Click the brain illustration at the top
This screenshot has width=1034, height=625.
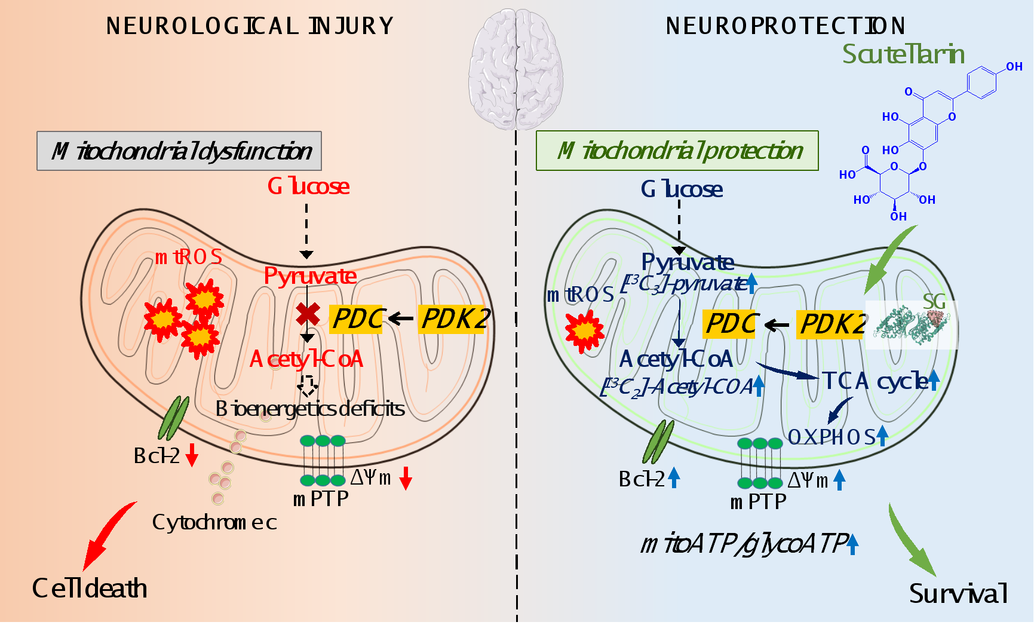click(x=516, y=69)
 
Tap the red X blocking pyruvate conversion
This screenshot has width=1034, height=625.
click(x=308, y=314)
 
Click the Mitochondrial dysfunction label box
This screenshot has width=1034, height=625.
click(x=179, y=151)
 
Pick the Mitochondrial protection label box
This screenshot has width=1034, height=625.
click(x=677, y=151)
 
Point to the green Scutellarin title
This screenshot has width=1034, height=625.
click(x=903, y=54)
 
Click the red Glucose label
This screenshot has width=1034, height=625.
click(x=308, y=186)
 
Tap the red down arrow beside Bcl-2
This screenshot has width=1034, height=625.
click(x=192, y=455)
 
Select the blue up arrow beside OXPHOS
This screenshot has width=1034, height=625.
click(x=882, y=436)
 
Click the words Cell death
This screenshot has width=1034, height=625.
click(x=90, y=589)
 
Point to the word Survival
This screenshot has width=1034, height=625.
click(x=958, y=593)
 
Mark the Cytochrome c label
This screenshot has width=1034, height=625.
click(x=214, y=522)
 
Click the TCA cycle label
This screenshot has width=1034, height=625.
click(x=873, y=381)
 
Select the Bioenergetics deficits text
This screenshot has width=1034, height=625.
click(x=310, y=409)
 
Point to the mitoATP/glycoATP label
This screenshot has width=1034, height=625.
click(x=744, y=544)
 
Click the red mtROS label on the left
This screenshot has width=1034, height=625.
click(x=189, y=257)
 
